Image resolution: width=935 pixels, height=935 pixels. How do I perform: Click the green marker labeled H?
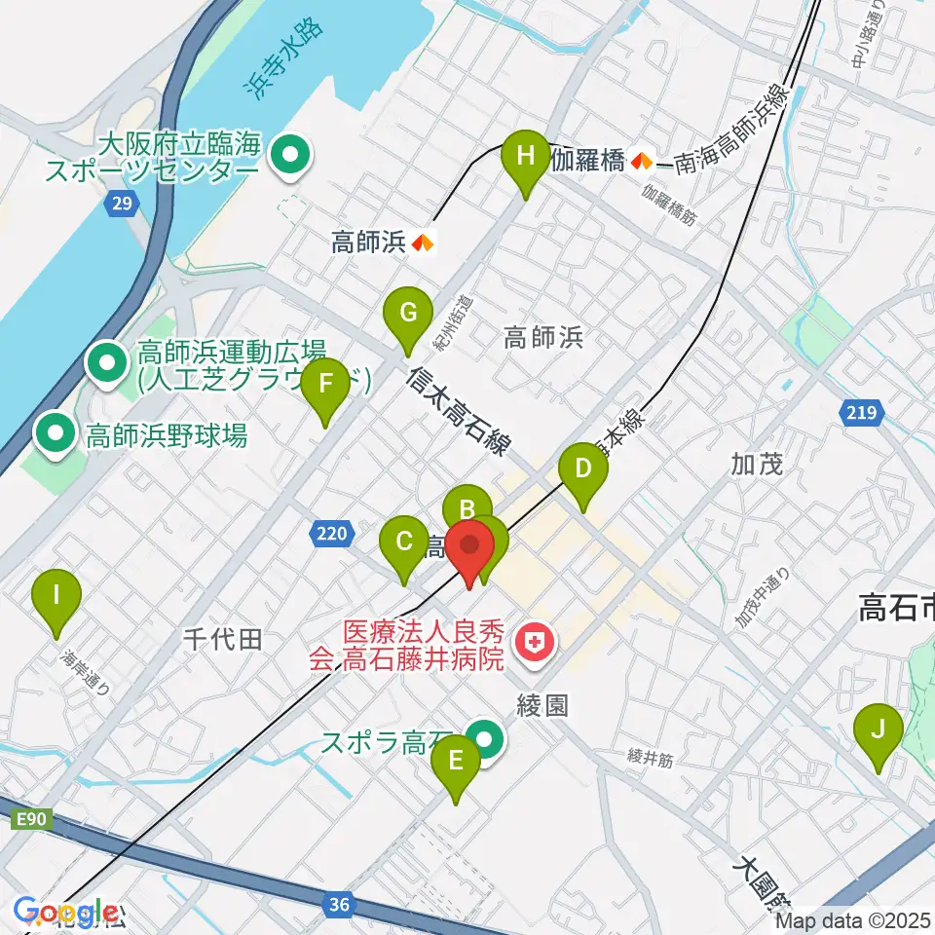tap(526, 157)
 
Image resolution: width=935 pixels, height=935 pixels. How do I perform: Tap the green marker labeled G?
tap(408, 316)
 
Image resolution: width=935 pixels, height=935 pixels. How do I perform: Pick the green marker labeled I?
tap(56, 595)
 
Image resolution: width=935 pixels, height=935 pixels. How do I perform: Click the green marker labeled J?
tap(879, 730)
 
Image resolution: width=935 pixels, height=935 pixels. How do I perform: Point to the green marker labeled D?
tap(582, 470)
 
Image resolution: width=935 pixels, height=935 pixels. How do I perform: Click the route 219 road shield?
tap(861, 414)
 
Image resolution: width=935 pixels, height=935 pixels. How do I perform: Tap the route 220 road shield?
tap(331, 533)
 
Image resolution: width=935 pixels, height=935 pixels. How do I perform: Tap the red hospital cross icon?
tap(533, 641)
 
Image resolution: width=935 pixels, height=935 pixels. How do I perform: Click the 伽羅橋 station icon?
tap(641, 161)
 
